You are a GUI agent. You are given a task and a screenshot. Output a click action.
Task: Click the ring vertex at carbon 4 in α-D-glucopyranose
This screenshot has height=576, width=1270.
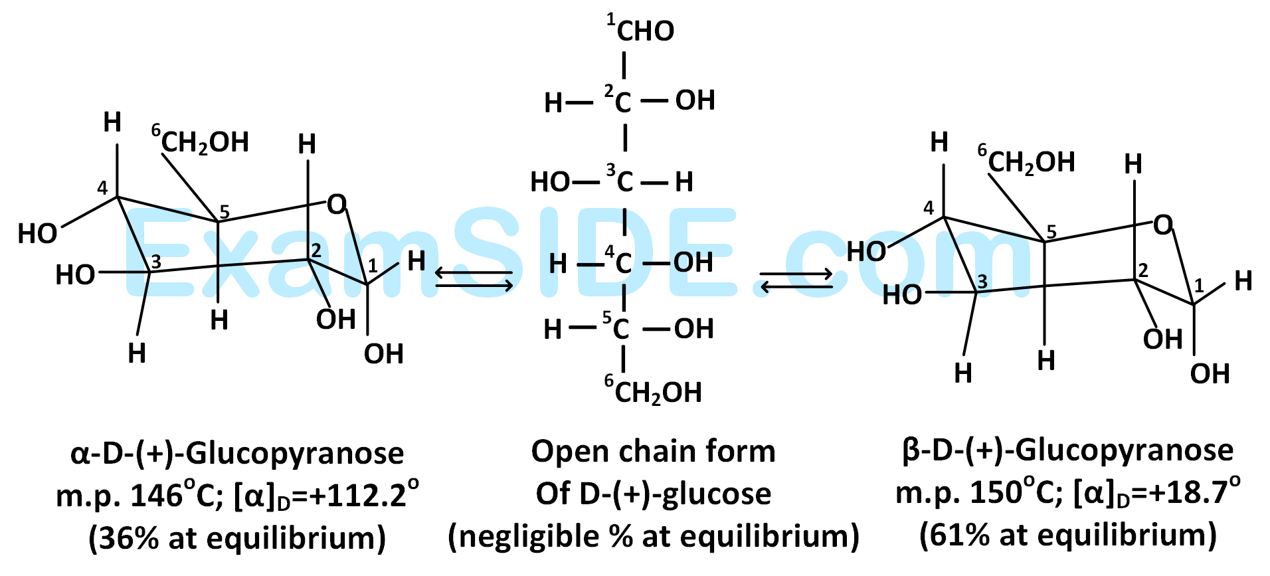[118, 197]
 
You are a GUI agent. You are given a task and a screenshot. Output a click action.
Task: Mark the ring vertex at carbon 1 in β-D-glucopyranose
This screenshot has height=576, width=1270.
[1194, 304]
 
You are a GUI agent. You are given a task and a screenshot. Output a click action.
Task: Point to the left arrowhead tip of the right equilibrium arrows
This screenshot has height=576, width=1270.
[761, 287]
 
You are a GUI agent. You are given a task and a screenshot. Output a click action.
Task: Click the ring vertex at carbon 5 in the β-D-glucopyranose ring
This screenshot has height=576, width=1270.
[1044, 241]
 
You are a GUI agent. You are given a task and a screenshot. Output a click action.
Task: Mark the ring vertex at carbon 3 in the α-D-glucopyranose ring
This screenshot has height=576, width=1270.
[149, 272]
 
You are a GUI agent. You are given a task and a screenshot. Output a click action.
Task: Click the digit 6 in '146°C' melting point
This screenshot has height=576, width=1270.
[173, 496]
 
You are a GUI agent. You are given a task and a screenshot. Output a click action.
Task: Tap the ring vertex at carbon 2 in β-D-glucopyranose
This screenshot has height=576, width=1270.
[1134, 280]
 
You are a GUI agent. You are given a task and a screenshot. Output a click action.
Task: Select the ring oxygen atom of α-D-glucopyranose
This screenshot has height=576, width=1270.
[337, 205]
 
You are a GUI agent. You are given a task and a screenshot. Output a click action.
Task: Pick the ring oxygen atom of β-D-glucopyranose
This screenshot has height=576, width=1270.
[1163, 225]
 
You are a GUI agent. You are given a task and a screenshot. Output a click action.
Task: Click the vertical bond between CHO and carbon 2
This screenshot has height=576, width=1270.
[624, 65]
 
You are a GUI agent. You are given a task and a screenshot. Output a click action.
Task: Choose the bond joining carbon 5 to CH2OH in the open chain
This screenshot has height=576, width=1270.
[623, 359]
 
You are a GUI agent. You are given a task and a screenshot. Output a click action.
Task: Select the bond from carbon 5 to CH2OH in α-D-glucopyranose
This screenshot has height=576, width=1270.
[190, 187]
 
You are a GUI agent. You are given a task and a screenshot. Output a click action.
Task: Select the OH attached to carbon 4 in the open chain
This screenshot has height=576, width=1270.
[693, 262]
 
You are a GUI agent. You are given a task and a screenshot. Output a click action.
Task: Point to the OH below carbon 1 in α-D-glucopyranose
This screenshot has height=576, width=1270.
[383, 354]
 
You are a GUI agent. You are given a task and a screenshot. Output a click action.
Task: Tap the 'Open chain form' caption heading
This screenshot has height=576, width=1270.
[653, 452]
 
